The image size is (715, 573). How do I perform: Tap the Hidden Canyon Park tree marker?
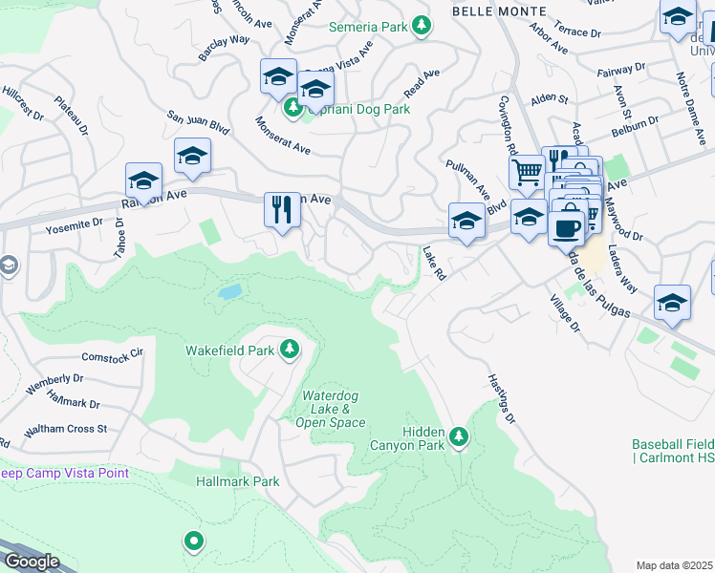tap(460, 436)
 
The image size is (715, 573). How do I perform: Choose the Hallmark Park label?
tap(238, 481)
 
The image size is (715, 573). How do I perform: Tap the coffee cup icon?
tap(566, 228)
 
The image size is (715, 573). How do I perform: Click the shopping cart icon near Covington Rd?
tap(527, 173)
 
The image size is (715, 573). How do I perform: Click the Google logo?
tap(32, 562)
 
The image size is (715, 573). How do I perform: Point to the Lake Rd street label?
tap(435, 263)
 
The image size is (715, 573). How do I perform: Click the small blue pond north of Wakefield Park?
tap(229, 291)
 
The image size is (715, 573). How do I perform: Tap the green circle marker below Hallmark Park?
tap(194, 542)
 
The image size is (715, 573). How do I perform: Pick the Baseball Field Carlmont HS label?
tap(673, 452)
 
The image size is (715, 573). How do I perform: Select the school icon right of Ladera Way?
tap(672, 303)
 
